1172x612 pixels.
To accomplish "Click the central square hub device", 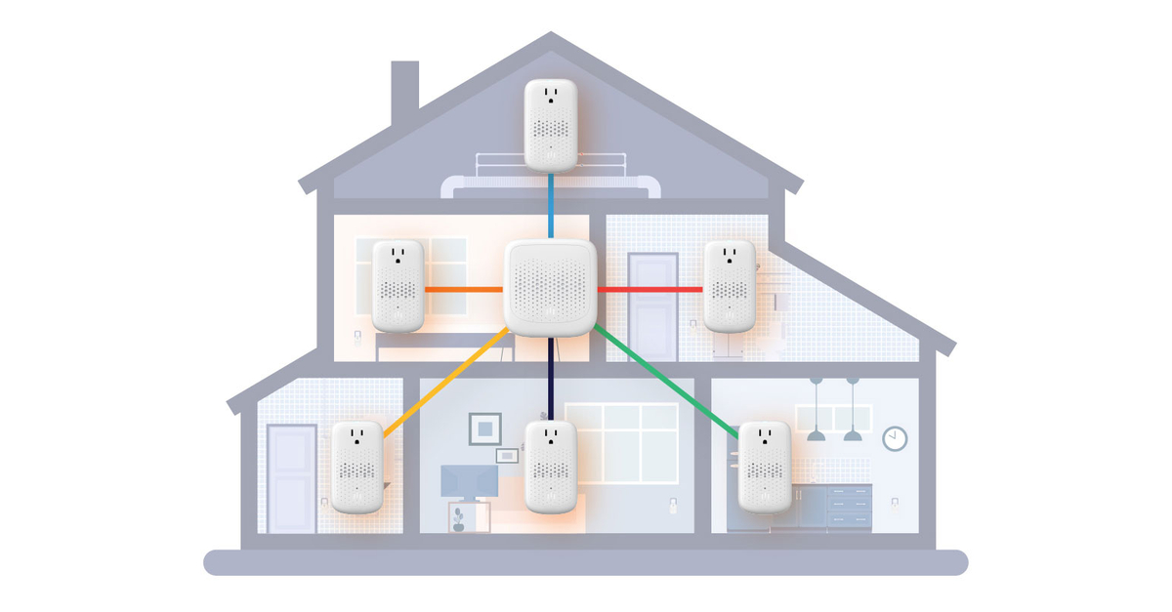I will pos(550,288).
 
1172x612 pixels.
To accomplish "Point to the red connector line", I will pos(649,289).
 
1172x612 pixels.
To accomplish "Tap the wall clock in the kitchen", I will pos(895,438).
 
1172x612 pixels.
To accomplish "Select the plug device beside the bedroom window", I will pos(398,285).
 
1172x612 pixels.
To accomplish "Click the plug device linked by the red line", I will pos(730,285).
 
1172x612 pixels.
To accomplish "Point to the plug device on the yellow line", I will pos(356,466).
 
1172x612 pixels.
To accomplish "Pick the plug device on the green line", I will pos(764,466).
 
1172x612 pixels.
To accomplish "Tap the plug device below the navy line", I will pos(551,466).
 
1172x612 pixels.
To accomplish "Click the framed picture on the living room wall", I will pos(484,428).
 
